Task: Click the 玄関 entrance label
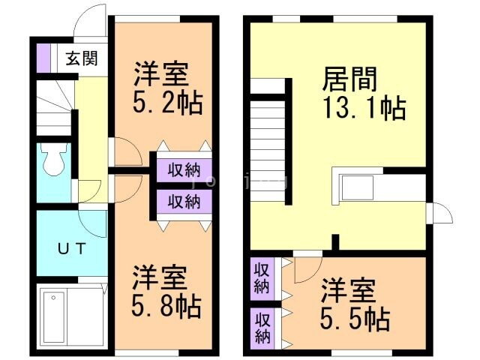77,58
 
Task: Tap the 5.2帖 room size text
168,103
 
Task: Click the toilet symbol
54,160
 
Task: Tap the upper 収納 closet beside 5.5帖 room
262,277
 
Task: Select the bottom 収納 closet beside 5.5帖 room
262,326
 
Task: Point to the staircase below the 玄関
53,109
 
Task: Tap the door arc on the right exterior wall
440,214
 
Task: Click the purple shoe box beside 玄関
43,58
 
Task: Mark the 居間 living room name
349,79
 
